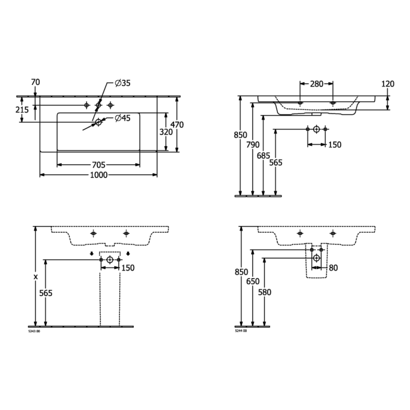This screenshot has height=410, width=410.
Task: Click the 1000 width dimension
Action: (x=99, y=175)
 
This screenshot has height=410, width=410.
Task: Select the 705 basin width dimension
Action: (x=98, y=165)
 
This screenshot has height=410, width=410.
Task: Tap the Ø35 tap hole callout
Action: (x=123, y=83)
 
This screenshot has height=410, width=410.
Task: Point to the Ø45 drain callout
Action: (x=123, y=118)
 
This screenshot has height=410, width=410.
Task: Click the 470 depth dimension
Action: (x=177, y=125)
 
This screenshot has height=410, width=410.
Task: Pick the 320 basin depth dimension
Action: (x=166, y=132)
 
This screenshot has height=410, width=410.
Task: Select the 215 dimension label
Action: (x=22, y=110)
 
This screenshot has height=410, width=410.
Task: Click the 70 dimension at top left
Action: (x=35, y=82)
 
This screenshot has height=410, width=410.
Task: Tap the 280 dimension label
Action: (x=317, y=84)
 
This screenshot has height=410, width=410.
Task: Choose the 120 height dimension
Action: (x=388, y=84)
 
